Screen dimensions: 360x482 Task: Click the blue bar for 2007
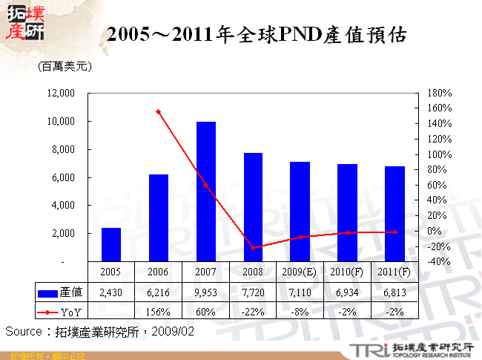pos(205,192)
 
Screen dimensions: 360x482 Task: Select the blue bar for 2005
pos(111,244)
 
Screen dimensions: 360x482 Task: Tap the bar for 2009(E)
pos(300,212)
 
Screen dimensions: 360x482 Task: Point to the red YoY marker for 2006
pos(158,111)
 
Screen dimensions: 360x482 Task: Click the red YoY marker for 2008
pos(252,247)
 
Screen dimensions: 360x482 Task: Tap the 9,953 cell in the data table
pos(205,293)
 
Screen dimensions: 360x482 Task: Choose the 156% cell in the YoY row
pos(158,312)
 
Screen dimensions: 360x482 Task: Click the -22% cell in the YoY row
pos(252,312)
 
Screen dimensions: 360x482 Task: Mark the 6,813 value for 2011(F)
pos(394,293)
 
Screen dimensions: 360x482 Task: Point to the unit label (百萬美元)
pos(65,67)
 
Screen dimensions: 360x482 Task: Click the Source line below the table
pos(100,331)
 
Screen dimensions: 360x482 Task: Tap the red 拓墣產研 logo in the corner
pos(24,22)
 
